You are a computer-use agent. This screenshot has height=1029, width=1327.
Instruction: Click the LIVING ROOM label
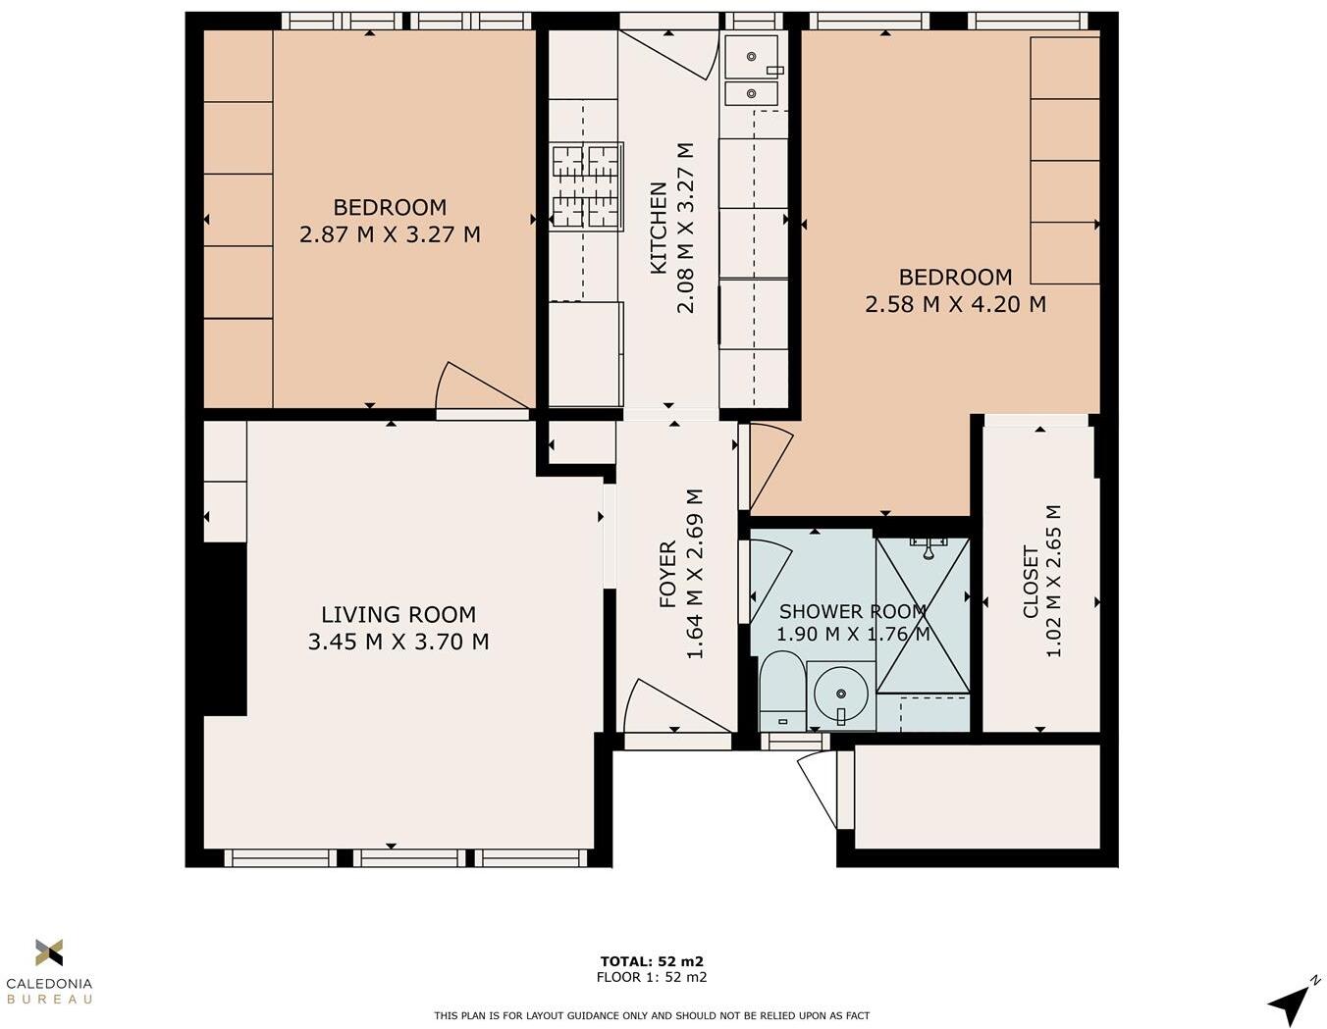click(398, 615)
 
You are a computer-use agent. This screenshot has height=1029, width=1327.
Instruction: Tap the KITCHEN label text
click(659, 228)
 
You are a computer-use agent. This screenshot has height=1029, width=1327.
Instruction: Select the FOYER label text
click(668, 574)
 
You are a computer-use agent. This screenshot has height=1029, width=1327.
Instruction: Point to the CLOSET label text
click(1031, 582)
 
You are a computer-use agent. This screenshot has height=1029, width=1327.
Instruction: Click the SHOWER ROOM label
click(852, 612)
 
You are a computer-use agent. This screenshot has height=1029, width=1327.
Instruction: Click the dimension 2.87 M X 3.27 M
click(390, 235)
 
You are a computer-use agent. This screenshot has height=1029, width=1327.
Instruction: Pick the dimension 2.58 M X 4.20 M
click(955, 305)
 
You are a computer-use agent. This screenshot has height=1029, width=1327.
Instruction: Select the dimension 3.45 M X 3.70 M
click(398, 643)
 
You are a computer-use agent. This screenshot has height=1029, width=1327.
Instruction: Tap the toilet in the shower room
click(781, 694)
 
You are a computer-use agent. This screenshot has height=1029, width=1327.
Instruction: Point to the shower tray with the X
click(923, 615)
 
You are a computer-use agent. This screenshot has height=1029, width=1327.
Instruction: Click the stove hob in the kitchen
click(586, 186)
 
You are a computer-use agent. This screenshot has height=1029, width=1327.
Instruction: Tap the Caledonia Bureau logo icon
click(49, 952)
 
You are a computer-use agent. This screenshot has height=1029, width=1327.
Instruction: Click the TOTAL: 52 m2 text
click(652, 961)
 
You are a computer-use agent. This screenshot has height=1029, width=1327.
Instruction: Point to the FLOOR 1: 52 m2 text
click(652, 977)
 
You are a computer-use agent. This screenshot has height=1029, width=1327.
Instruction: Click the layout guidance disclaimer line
click(652, 1015)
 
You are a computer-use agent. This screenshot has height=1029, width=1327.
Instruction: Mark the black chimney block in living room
click(225, 629)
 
